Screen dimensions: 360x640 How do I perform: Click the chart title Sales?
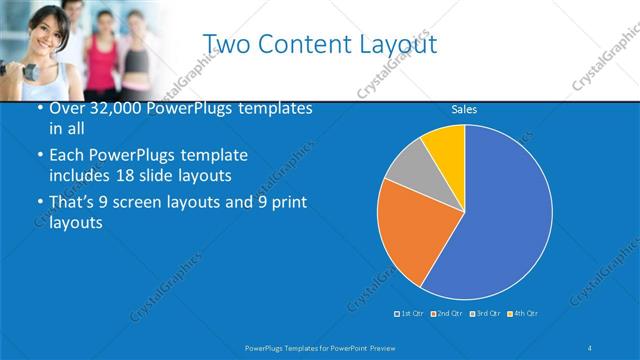[x=464, y=109]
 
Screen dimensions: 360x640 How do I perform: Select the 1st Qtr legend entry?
[x=409, y=314]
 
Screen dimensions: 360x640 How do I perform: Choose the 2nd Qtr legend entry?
[x=447, y=314]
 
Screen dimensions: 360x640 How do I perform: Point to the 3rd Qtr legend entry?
[x=485, y=314]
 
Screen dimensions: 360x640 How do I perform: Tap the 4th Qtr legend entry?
[x=523, y=314]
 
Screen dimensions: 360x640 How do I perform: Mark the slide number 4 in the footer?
[x=590, y=346]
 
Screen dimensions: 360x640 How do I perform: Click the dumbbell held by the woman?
[x=8, y=68]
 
